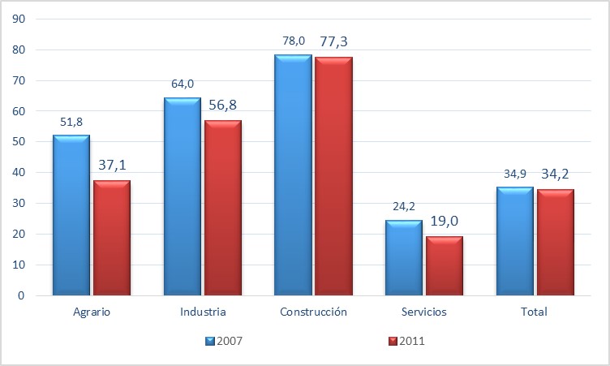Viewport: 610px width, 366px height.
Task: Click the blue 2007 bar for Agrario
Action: (71, 215)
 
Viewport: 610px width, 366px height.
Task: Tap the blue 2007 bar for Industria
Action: (182, 196)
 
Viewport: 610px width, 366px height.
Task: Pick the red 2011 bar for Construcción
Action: (333, 176)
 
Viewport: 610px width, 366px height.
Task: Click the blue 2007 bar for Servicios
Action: (403, 257)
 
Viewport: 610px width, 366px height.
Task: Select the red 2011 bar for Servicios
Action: (444, 265)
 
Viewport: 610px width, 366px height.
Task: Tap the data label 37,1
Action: (111, 166)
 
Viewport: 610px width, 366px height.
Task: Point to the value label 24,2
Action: (403, 206)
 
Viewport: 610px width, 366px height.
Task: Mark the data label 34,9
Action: (513, 174)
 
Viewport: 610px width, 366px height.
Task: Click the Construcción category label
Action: (312, 312)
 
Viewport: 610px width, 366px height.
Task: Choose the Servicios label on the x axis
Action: (423, 312)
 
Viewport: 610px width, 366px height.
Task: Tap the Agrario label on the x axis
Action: (91, 312)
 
